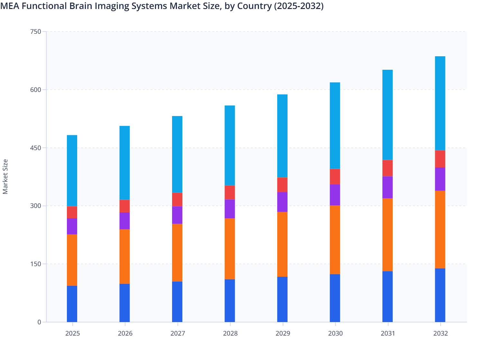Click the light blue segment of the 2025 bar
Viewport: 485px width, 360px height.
tap(72, 170)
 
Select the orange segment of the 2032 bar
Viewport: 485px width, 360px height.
tap(440, 230)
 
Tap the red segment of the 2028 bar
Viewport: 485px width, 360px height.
tap(230, 192)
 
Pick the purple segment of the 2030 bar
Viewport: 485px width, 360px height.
tap(335, 195)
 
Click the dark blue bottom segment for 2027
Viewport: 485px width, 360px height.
tap(177, 301)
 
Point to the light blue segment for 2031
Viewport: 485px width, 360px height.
tap(388, 115)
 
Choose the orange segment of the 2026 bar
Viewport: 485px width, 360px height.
tap(124, 256)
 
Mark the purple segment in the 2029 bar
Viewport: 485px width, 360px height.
tap(282, 202)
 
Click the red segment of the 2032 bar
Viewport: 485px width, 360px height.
tap(440, 159)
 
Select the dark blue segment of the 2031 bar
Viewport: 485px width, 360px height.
tap(388, 296)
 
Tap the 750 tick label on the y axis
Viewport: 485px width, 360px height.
tap(35, 32)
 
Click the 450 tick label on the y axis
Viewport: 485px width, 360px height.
tap(35, 148)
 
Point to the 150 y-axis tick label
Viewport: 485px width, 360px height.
tap(35, 264)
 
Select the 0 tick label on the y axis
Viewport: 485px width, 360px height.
tap(39, 322)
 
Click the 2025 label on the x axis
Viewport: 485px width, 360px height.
tap(72, 333)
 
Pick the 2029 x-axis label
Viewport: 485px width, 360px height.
tap(283, 333)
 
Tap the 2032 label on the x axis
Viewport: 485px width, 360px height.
tap(440, 333)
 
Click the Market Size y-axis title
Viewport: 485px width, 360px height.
tap(5, 176)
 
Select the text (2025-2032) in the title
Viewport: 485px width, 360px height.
tap(298, 6)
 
